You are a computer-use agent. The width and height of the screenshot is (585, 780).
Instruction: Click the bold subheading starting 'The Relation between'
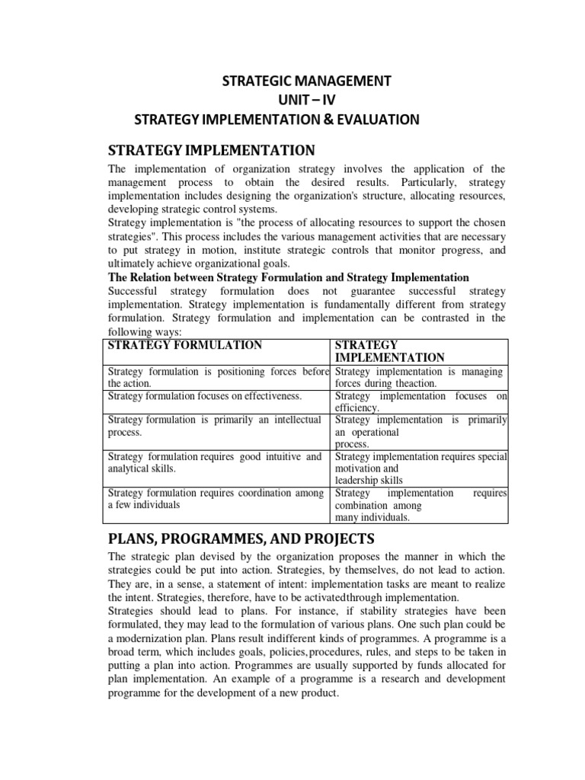pyautogui.click(x=289, y=277)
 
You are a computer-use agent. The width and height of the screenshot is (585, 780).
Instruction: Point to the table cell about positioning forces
pyautogui.click(x=218, y=378)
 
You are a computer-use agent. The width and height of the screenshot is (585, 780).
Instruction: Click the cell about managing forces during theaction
pyautogui.click(x=420, y=378)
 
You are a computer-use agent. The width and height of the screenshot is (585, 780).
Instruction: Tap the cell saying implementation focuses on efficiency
pyautogui.click(x=420, y=401)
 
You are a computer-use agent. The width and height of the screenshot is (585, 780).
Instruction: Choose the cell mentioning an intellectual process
pyautogui.click(x=218, y=426)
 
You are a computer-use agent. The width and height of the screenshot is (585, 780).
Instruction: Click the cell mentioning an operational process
pyautogui.click(x=420, y=431)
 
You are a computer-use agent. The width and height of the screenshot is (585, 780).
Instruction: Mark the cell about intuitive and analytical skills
pyautogui.click(x=218, y=463)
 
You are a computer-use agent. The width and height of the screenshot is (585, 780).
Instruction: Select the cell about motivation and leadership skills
pyautogui.click(x=420, y=468)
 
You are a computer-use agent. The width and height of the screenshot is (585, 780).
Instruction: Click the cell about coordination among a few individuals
pyautogui.click(x=218, y=499)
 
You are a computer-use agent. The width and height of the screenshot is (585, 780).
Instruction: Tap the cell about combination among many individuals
pyautogui.click(x=420, y=505)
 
